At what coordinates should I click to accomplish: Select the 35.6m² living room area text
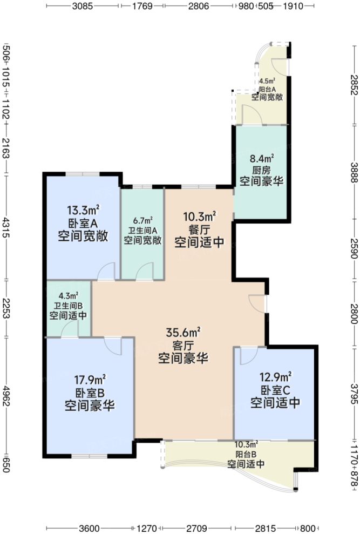point(184,332)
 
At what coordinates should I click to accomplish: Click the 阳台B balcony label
point(246,454)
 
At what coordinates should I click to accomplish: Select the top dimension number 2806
point(199,6)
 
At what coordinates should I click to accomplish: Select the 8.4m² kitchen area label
point(262,158)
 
